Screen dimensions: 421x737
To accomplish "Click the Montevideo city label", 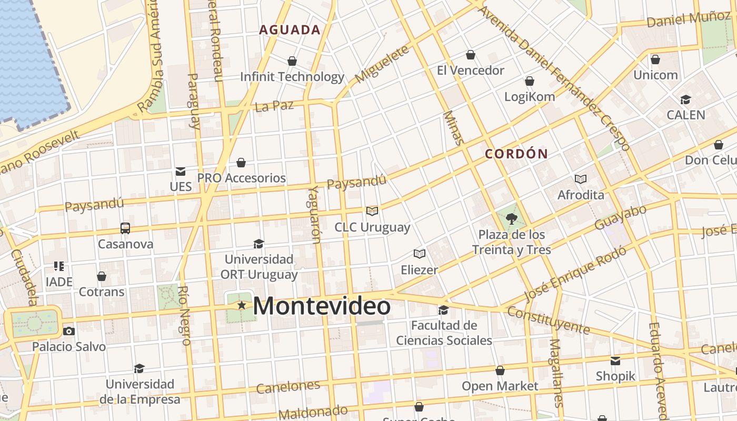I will point(322,306).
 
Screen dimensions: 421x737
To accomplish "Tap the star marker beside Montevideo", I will point(242,305).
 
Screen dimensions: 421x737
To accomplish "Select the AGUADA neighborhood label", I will point(290,30).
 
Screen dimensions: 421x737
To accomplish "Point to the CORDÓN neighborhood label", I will point(516,154).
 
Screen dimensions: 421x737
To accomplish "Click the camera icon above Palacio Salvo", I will point(69,331).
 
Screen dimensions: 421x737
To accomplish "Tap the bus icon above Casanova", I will point(125,228).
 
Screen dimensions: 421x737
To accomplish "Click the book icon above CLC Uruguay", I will point(372,211).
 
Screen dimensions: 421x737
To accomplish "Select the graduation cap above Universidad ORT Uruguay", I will point(258,244).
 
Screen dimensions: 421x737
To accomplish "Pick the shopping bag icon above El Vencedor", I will point(471,55).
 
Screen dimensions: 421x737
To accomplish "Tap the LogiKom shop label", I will point(530,96).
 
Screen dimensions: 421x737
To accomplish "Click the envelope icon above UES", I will point(181,171).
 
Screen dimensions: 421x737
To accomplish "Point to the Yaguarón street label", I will point(314,215).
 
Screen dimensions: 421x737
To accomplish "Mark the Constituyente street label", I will point(549,320).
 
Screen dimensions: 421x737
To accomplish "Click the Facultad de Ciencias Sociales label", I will point(444,333).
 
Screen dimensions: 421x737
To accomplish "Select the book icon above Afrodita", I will point(581,179).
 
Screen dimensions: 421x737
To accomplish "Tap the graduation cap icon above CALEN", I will point(685,99).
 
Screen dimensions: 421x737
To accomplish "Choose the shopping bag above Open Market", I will point(500,370).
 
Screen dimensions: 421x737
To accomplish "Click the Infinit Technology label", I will point(292,77).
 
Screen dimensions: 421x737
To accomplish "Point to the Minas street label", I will point(453,128).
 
